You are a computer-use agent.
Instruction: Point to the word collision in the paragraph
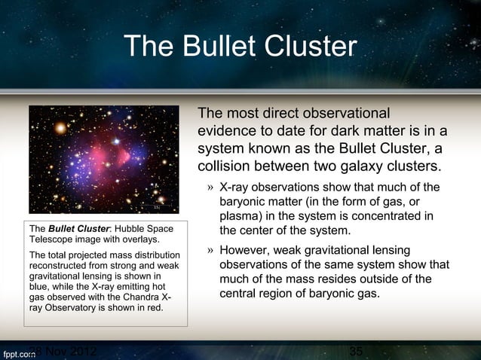click(x=224, y=164)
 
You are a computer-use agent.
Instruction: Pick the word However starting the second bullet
click(x=249, y=250)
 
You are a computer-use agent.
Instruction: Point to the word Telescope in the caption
click(x=52, y=239)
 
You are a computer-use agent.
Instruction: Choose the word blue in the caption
click(x=40, y=287)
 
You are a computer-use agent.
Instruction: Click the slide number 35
click(x=357, y=352)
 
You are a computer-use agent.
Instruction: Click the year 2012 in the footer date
click(x=79, y=352)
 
